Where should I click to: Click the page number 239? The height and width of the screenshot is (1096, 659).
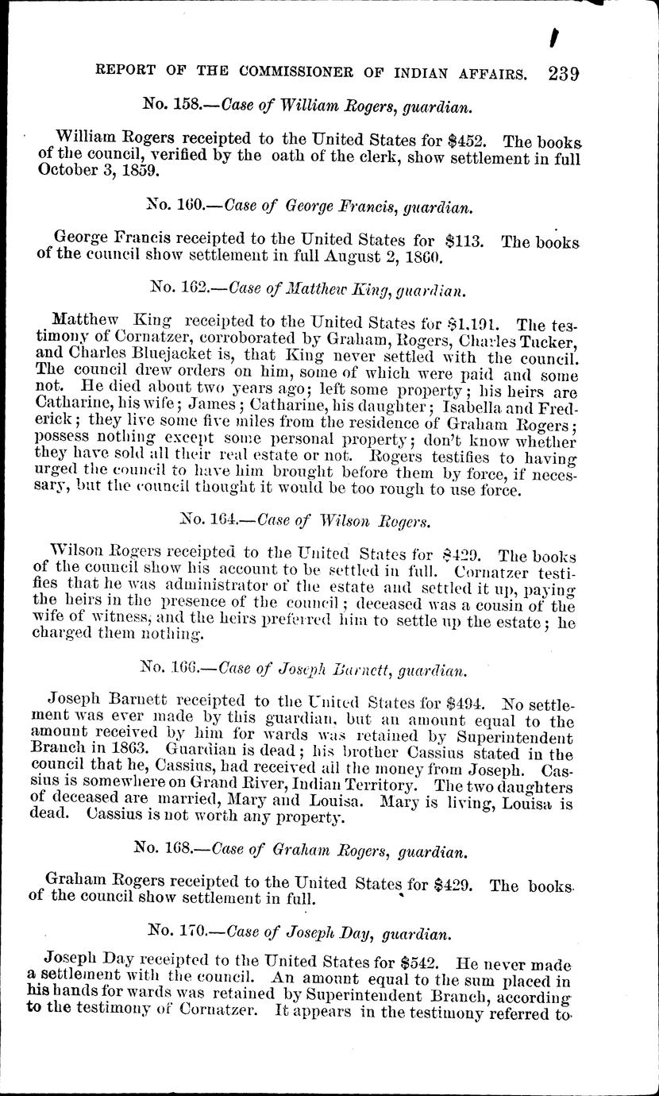[563, 74]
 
